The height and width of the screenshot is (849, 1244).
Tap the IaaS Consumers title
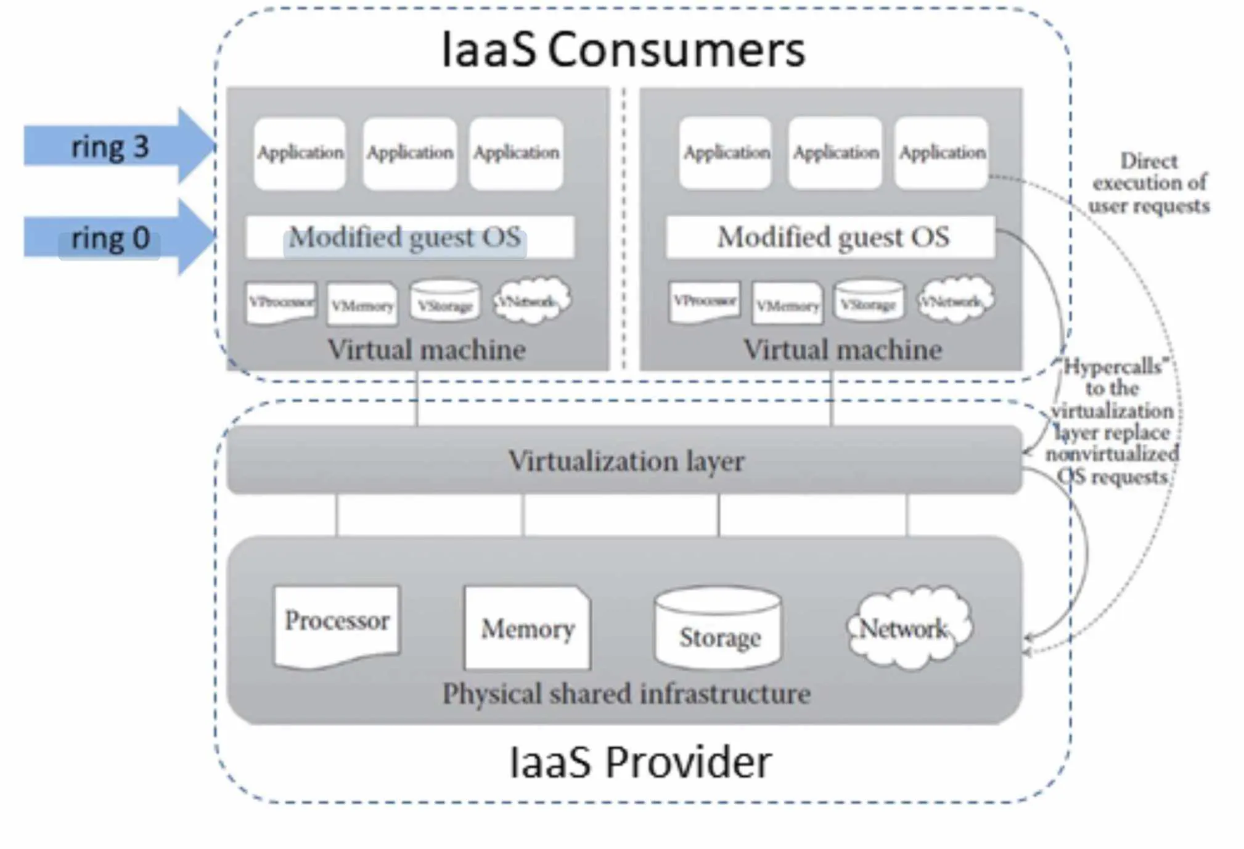[623, 49]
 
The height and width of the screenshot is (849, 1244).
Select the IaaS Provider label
[640, 763]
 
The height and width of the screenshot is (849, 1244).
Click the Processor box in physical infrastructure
[337, 624]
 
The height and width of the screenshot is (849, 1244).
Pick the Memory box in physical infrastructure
[527, 628]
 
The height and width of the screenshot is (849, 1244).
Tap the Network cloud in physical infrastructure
[907, 628]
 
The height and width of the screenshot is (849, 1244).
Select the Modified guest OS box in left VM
[409, 237]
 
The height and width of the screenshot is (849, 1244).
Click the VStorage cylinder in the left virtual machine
[444, 301]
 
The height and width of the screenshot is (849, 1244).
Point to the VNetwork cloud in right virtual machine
[954, 300]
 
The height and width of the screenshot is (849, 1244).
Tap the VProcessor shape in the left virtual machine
[281, 302]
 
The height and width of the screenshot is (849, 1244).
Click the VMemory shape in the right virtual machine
[787, 304]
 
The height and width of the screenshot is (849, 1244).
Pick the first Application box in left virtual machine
[300, 153]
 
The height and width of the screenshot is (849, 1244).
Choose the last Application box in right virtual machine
[941, 152]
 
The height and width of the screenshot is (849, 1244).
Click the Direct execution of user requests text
[1148, 183]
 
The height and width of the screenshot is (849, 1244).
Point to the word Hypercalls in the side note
[1113, 366]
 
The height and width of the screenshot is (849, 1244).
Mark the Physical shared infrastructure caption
[626, 694]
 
